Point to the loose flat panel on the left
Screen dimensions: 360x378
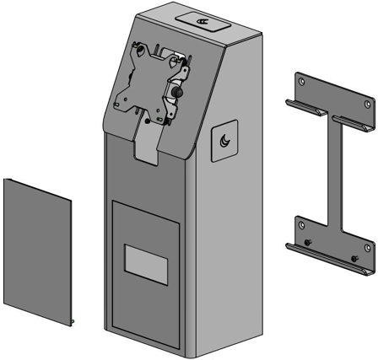(37, 250)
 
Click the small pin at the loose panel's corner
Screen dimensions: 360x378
(73, 320)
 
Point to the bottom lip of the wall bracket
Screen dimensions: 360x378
(329, 259)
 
